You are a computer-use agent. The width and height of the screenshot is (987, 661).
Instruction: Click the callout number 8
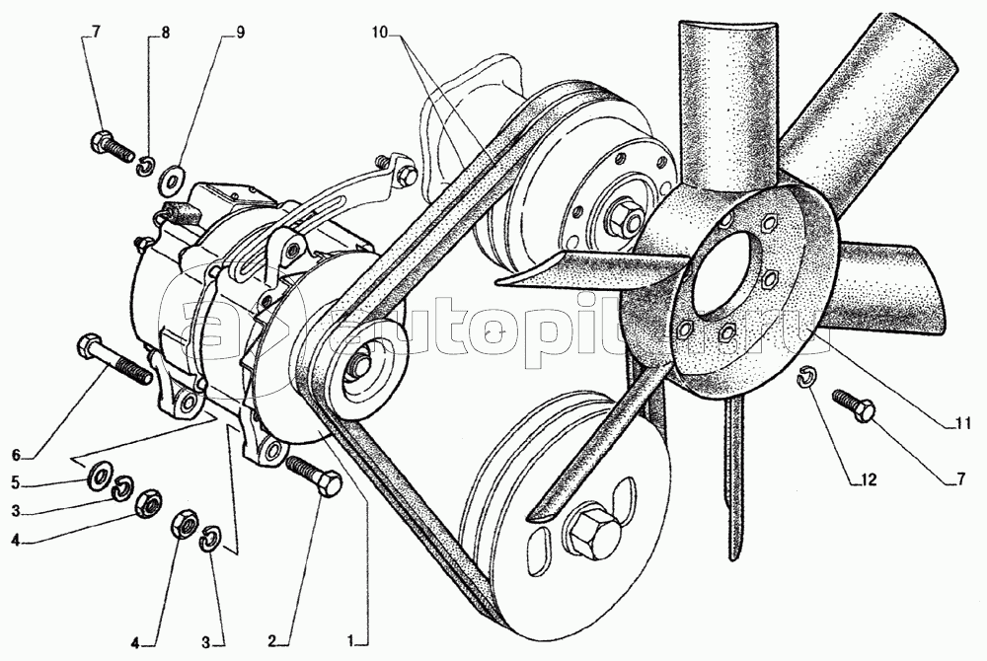(x=165, y=34)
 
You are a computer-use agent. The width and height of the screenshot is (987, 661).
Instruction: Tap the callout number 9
(x=240, y=34)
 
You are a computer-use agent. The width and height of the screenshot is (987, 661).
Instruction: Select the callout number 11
(x=961, y=423)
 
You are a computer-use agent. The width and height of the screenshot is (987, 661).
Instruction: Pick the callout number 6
(x=17, y=454)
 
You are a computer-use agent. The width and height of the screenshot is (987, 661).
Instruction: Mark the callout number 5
(x=17, y=483)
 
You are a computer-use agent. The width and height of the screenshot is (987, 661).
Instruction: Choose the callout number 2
(x=272, y=641)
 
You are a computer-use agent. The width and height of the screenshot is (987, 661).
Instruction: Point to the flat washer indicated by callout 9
(x=171, y=179)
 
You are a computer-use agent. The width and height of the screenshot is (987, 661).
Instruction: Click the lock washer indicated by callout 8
(x=146, y=166)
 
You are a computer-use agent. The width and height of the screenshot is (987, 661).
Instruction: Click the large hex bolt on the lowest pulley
(x=590, y=531)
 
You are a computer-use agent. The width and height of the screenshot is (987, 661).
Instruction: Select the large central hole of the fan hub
(x=720, y=272)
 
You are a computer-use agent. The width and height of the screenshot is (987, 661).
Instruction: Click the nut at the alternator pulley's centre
(x=360, y=363)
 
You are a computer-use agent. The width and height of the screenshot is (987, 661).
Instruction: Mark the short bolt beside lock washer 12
(x=854, y=405)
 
